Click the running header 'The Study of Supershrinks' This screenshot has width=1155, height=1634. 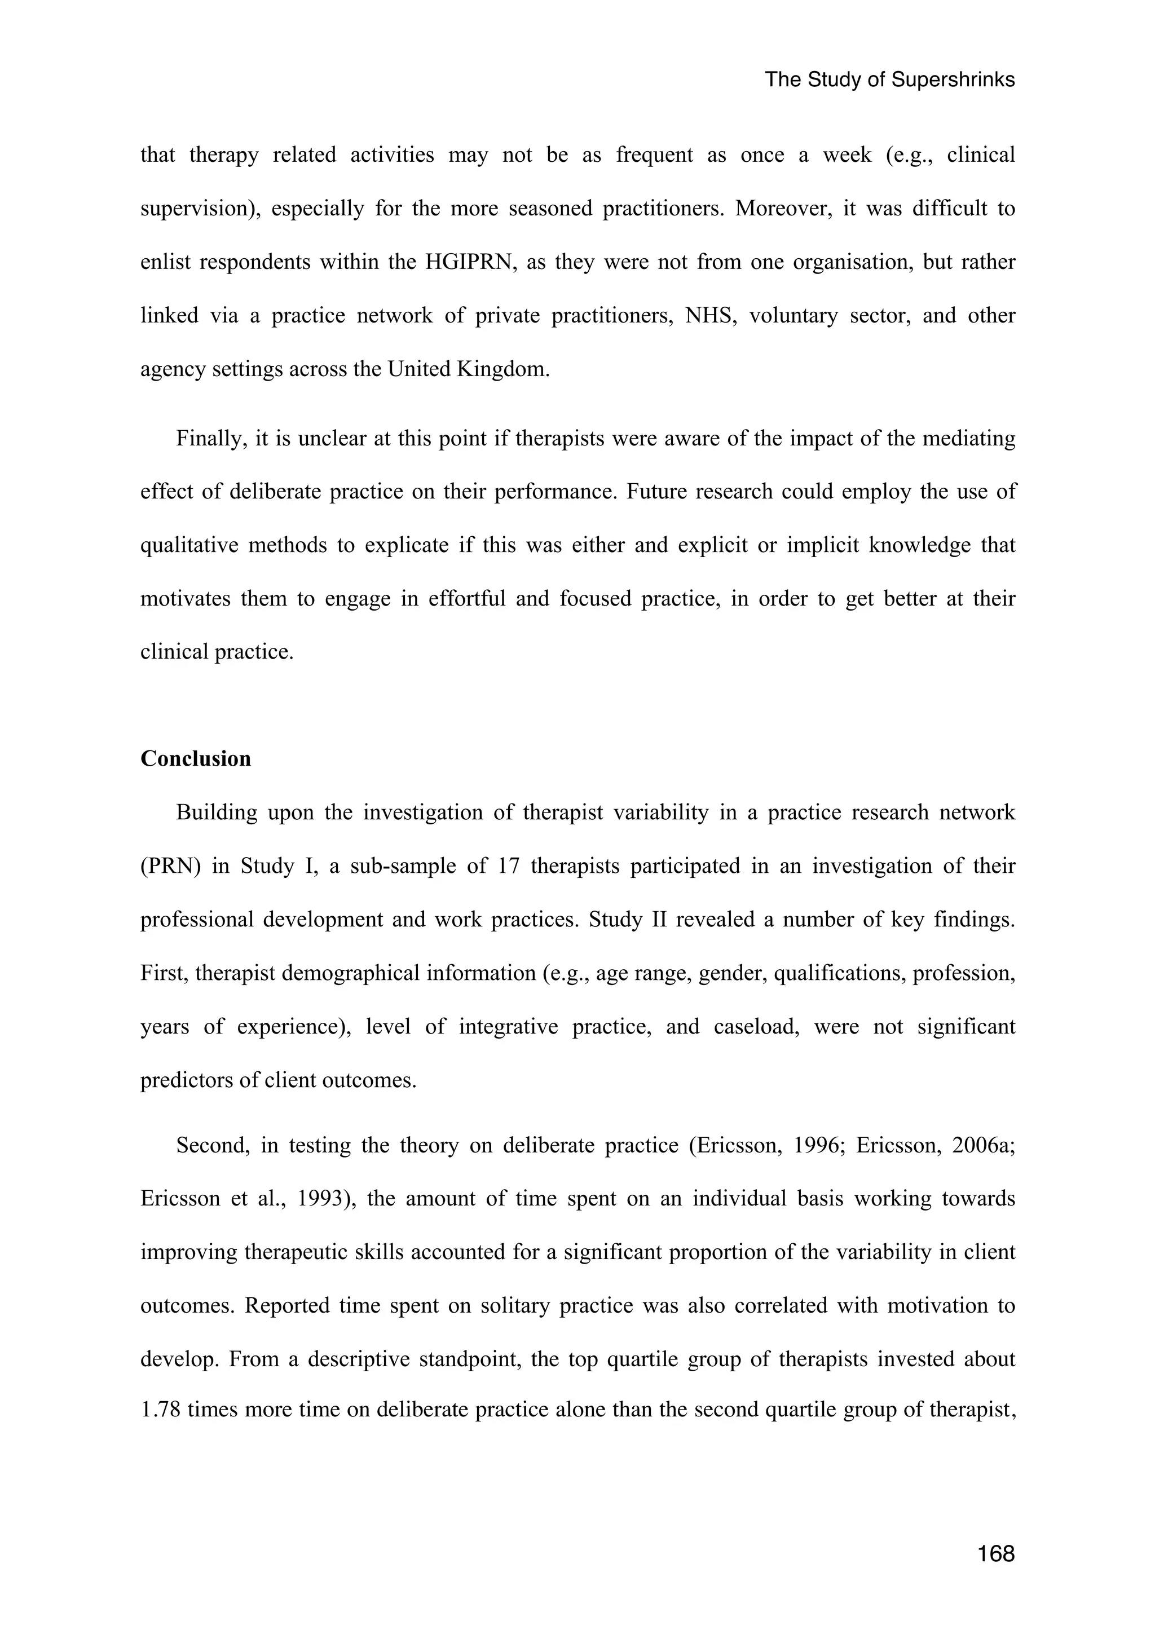(x=889, y=80)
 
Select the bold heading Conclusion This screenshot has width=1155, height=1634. (x=196, y=759)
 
